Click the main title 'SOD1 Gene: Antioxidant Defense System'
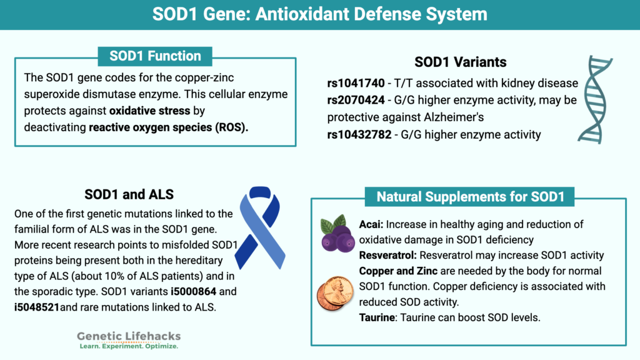click(x=319, y=14)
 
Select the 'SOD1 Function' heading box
click(x=155, y=56)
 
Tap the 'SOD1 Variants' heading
click(x=460, y=62)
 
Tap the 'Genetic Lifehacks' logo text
click(x=129, y=336)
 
